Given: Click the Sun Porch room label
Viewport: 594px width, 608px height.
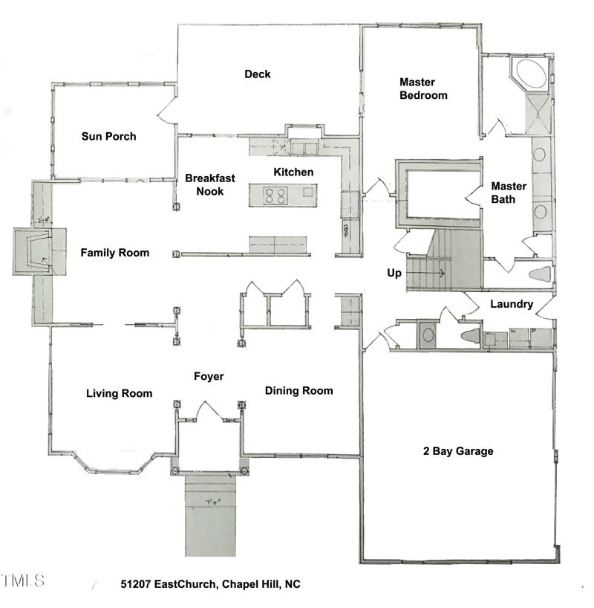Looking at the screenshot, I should point(108,136).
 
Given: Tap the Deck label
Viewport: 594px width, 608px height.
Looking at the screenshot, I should point(258,74).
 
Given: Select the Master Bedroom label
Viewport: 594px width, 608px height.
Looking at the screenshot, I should point(423,88).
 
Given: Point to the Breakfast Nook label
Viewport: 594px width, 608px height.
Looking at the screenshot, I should point(210,184).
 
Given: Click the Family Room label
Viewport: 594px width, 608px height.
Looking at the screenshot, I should point(114,253).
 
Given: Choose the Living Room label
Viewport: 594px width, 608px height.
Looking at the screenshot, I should point(119,393).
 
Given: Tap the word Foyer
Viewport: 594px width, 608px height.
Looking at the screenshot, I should point(209,376).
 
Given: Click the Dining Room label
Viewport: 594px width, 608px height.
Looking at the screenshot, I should point(298,390).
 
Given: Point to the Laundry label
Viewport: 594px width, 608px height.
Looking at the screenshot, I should point(512,304).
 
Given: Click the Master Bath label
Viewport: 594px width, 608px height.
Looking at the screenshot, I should point(509,193).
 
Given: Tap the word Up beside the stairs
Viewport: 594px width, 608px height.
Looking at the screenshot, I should point(394,273).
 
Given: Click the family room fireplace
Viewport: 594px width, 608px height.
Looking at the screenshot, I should point(34,253).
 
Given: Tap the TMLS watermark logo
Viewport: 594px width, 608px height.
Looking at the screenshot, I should point(23,580).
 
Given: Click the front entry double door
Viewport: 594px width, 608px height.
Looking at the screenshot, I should point(209,413).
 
